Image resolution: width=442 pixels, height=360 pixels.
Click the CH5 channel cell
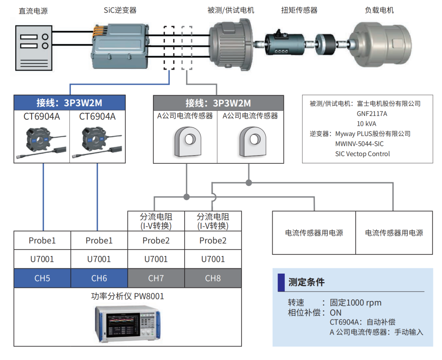tap(42, 278)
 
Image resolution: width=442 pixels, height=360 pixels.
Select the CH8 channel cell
tap(213, 278)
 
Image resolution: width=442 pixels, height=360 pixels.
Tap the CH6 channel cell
tap(99, 278)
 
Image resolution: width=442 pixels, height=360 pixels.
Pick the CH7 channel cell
tap(156, 278)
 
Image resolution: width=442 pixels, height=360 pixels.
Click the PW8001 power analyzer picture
tap(128, 323)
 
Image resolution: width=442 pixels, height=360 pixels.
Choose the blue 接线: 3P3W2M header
tap(70, 102)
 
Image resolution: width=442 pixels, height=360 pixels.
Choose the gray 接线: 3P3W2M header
tap(218, 103)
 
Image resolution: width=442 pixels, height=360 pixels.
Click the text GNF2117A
tap(372, 114)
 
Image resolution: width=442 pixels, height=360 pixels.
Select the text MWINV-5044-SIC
tap(359, 144)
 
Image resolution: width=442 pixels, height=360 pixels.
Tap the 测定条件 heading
tap(306, 282)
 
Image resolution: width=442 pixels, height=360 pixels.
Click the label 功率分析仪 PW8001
tap(127, 296)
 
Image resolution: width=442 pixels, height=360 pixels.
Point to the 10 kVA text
tap(366, 124)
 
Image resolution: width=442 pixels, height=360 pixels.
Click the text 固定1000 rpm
tap(355, 303)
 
